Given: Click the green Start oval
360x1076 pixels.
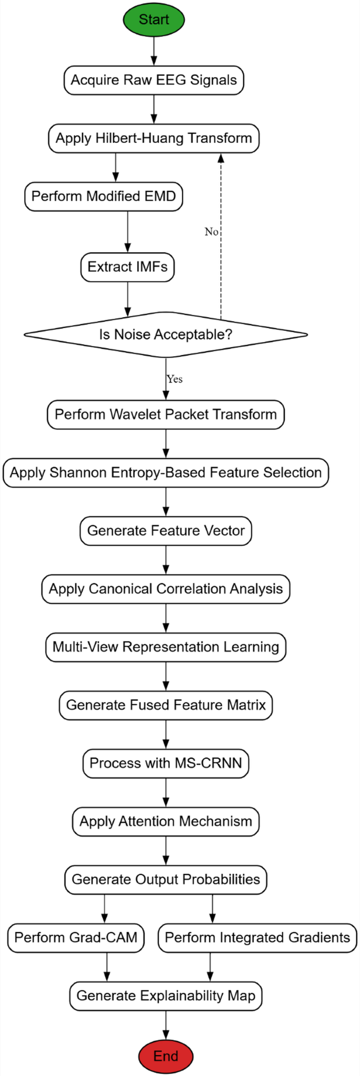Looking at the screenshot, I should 153,20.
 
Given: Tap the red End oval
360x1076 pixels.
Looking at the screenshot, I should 166,1056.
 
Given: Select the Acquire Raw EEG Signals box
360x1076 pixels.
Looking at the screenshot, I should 153,80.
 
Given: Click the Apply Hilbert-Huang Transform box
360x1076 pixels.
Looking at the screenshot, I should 153,138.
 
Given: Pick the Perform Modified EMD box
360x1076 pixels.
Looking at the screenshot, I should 104,196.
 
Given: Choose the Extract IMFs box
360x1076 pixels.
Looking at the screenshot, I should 127,267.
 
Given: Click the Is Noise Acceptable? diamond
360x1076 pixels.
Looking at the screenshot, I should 166,335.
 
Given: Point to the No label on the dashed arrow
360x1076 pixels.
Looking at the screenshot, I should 211,232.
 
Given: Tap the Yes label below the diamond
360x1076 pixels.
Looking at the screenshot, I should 175,379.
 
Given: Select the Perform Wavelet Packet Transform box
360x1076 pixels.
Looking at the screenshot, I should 166,415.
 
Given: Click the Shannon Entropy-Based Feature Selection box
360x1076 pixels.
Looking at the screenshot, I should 166,472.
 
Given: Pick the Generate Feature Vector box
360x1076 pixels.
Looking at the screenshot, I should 166,531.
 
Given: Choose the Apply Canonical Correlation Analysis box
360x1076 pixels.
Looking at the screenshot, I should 166,589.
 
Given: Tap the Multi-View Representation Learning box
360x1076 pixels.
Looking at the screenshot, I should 166,647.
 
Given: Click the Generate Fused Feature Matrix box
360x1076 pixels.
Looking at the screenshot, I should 166,705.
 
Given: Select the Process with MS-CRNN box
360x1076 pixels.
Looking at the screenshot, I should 166,763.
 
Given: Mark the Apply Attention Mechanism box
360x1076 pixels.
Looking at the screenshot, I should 166,821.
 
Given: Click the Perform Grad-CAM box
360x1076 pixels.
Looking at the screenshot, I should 76,938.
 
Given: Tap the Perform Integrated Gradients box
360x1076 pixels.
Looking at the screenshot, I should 257,938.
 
